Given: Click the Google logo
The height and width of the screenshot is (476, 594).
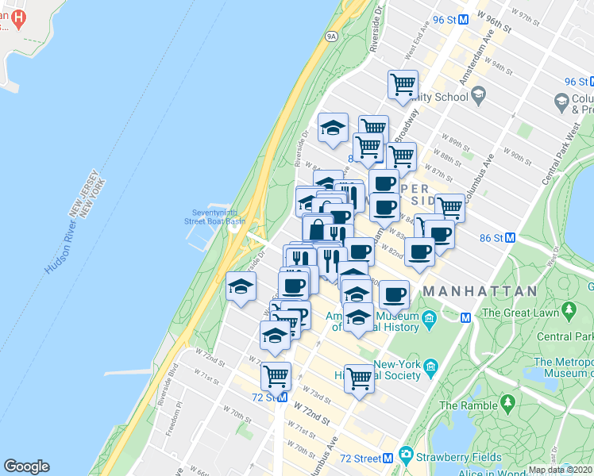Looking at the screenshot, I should pos(27,466).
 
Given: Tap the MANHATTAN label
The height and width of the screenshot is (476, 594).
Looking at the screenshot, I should pos(480,292).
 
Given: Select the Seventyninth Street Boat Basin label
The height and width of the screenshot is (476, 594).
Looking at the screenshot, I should pos(214,217).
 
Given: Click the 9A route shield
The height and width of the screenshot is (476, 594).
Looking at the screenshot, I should pos(331,36).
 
